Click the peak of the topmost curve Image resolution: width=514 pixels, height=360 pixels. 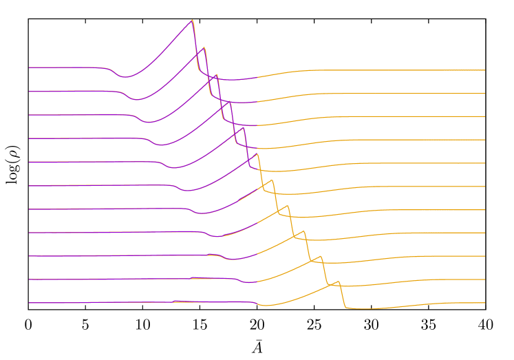192,20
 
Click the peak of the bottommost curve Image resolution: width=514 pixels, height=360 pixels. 337,282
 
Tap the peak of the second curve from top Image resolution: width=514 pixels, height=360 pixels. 204,47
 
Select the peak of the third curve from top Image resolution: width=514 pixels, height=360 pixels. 217,74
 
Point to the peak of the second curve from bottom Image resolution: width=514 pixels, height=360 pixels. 321,258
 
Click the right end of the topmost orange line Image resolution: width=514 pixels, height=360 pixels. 485,70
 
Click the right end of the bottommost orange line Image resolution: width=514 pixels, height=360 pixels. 485,303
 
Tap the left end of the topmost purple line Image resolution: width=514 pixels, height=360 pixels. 29,67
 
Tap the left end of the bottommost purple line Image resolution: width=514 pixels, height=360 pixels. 29,303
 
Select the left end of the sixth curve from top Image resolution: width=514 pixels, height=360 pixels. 29,185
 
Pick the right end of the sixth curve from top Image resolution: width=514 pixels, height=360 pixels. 485,187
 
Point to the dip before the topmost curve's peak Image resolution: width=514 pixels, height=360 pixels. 125,77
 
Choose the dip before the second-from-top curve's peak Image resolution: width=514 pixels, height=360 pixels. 136,100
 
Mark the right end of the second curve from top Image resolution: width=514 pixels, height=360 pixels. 485,94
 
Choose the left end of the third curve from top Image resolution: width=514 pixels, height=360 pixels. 29,115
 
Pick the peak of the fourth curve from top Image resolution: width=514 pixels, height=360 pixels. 230,101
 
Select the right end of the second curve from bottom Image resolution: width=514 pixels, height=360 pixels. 485,279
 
